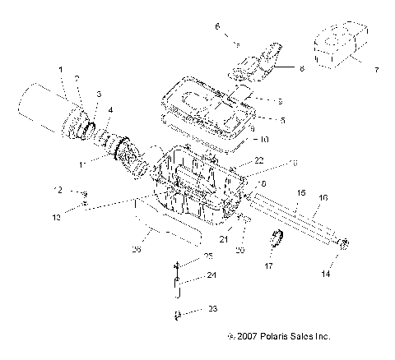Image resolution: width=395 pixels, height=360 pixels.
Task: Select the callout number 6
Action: [x=217, y=27]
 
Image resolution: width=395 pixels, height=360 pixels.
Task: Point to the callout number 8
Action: [x=301, y=71]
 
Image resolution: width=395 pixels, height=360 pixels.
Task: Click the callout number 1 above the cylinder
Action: [x=60, y=68]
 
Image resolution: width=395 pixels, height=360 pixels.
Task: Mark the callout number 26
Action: [x=137, y=250]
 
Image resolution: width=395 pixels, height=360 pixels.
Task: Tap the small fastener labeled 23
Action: [x=177, y=314]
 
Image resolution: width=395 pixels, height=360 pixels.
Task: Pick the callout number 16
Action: [x=323, y=198]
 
